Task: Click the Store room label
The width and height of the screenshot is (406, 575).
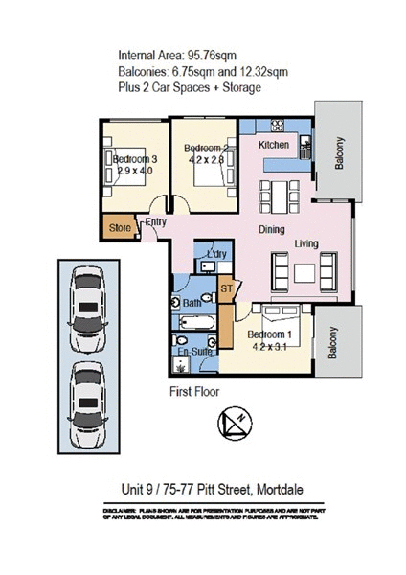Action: pyautogui.click(x=120, y=228)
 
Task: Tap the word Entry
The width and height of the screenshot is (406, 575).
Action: pyautogui.click(x=155, y=222)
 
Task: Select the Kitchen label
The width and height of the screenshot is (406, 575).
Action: pyautogui.click(x=274, y=144)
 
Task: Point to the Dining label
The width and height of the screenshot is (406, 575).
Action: pyautogui.click(x=274, y=230)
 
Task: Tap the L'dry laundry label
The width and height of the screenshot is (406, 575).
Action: pyautogui.click(x=215, y=253)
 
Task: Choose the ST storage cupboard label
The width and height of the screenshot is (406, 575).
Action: pyautogui.click(x=227, y=287)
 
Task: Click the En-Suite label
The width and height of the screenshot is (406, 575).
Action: pyautogui.click(x=195, y=353)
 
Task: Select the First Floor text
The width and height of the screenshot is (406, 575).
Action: pyautogui.click(x=195, y=391)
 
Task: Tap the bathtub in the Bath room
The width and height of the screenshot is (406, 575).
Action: pyautogui.click(x=196, y=321)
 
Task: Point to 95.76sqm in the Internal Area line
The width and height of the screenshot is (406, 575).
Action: pyautogui.click(x=214, y=55)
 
